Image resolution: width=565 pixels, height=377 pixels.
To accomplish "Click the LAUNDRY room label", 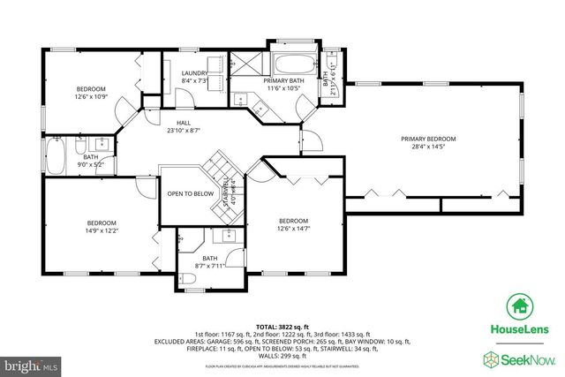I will coord(193,73).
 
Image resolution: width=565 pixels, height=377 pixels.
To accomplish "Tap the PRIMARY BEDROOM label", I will coord(428,139).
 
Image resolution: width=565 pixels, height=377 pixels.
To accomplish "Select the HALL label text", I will coord(184,123).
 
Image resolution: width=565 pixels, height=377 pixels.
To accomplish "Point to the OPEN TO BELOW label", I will coord(190,193).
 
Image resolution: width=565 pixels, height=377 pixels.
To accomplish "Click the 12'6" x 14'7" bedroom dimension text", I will coord(293,228).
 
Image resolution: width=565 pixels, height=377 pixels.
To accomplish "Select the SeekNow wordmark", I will coord(527,358).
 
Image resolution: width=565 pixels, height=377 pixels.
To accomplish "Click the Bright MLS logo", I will coord(31,364).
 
